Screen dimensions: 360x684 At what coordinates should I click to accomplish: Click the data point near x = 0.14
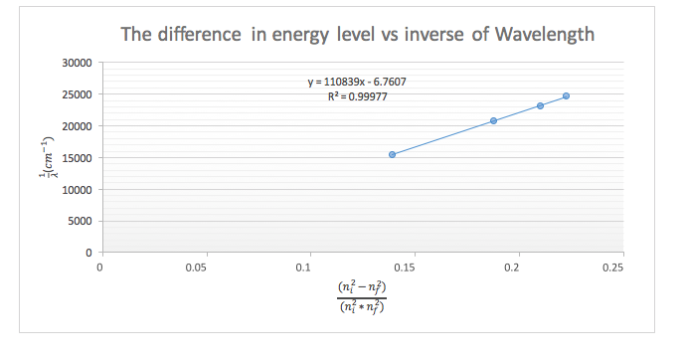point(393,154)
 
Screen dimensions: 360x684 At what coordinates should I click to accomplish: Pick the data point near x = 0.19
point(493,120)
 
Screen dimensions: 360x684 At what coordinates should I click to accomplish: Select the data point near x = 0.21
point(540,105)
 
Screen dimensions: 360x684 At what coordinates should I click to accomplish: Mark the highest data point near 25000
point(566,96)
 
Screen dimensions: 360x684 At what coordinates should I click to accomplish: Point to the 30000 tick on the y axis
point(78,63)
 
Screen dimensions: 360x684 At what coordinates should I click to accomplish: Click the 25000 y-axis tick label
point(78,94)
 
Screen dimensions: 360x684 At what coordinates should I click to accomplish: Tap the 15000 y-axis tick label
point(78,158)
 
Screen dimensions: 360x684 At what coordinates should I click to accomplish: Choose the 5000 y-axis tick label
point(81,221)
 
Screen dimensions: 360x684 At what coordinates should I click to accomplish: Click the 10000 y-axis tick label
point(78,190)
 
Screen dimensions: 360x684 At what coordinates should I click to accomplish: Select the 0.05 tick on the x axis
point(203,267)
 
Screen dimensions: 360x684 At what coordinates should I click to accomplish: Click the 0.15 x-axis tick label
point(410,267)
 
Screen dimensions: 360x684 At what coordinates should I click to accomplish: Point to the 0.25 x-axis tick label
point(617,267)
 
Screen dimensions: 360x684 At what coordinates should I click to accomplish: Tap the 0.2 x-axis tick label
point(514,267)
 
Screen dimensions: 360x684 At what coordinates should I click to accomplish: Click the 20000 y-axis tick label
point(78,126)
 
